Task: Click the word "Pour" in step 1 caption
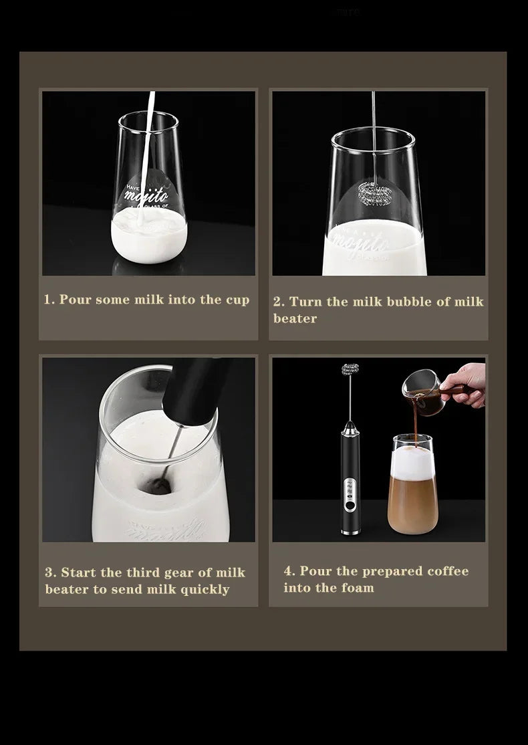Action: coord(74,300)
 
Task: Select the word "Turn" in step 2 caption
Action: coord(305,302)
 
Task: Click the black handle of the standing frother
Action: coord(348,468)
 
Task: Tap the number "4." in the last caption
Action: coord(289,571)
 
